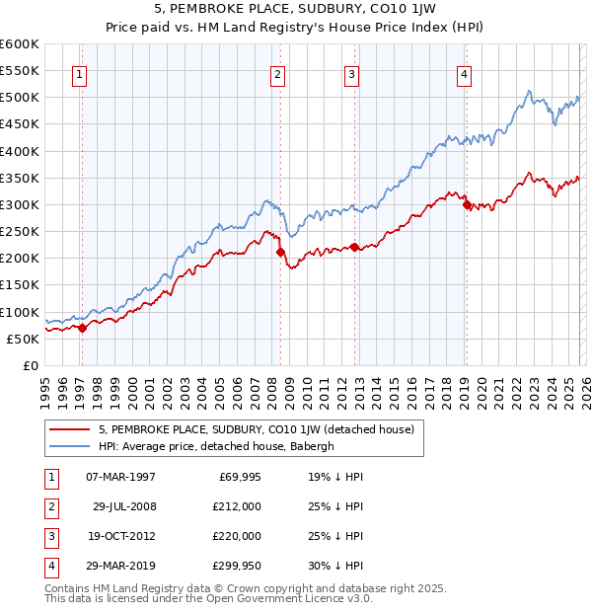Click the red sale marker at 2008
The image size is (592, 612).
pyautogui.click(x=280, y=253)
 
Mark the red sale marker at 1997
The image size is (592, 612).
pyautogui.click(x=82, y=329)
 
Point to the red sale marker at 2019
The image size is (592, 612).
pyautogui.click(x=467, y=205)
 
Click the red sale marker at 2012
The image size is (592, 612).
pyautogui.click(x=354, y=248)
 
